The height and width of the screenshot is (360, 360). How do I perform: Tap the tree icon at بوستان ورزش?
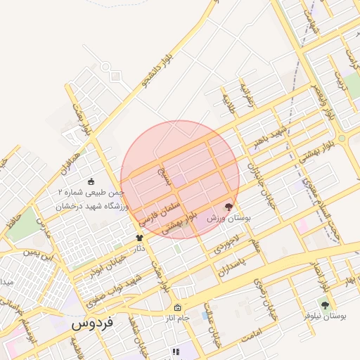pos(227,207)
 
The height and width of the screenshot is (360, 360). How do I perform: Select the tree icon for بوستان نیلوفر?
pos(324,304)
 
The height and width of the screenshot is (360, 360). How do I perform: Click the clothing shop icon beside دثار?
pos(139,238)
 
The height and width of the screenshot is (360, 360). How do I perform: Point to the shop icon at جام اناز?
pos(177,307)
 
